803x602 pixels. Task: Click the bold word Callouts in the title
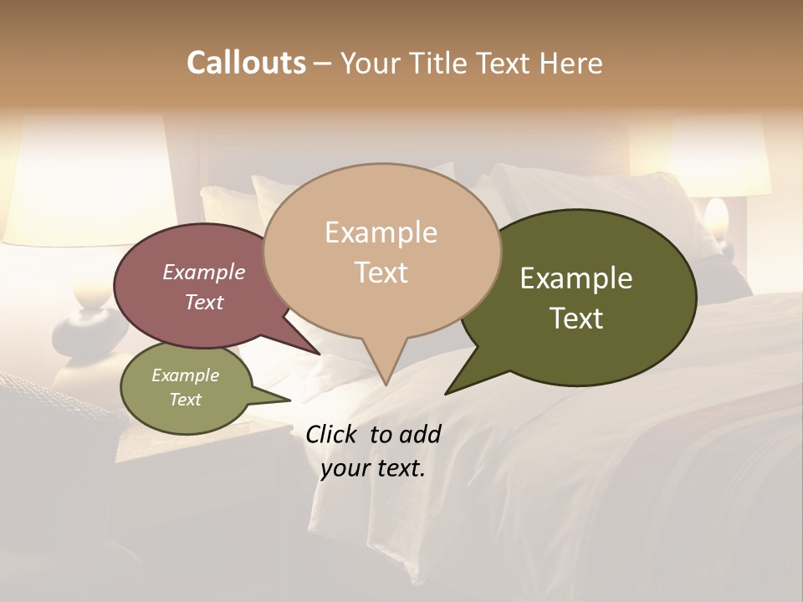(246, 63)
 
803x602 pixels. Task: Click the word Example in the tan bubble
(381, 232)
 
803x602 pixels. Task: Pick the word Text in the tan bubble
(381, 273)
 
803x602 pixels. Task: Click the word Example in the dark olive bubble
(576, 278)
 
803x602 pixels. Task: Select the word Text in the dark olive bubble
(576, 319)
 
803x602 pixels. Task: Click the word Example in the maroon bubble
(203, 272)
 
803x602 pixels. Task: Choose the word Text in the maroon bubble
(203, 302)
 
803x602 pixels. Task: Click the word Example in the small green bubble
(185, 375)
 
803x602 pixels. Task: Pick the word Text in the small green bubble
(185, 400)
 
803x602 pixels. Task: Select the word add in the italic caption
(420, 434)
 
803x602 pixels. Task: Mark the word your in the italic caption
(345, 469)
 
